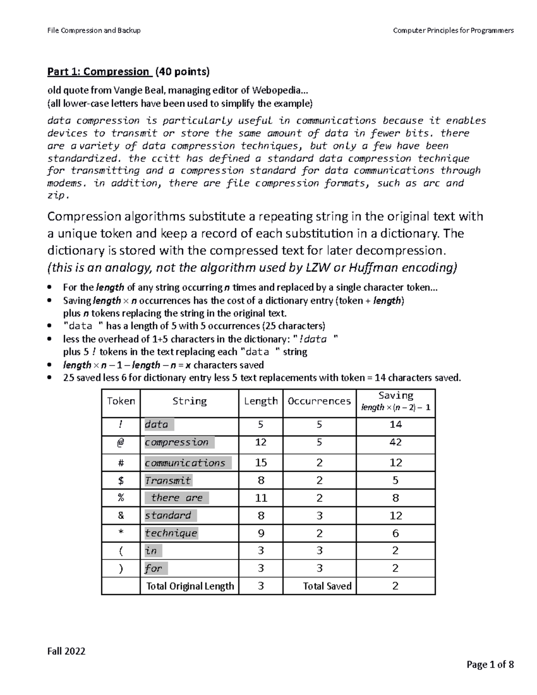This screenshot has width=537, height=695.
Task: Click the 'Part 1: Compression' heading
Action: coord(98,72)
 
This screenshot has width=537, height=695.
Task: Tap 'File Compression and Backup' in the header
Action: coord(94,30)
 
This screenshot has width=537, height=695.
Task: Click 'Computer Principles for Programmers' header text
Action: coord(453,30)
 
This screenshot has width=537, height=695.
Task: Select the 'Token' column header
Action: coord(121,401)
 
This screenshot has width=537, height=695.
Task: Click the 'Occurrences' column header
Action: coord(319,401)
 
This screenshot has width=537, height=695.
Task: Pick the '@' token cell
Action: coord(121,443)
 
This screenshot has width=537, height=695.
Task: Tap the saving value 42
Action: coord(396,443)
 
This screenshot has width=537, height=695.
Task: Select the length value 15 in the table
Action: coord(260,463)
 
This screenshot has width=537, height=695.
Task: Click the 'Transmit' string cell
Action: coord(168,481)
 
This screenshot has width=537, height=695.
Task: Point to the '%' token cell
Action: coord(121,498)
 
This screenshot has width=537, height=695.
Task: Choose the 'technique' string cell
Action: coord(171,533)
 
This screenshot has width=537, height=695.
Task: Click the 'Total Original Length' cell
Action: coord(190,586)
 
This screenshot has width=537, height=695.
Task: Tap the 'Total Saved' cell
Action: coord(327,586)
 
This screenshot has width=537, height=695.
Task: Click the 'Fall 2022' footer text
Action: coord(66,651)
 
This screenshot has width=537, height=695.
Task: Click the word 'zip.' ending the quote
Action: coord(58,196)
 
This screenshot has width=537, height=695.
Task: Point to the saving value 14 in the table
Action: coord(396,425)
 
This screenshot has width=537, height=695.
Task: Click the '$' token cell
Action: coord(121,481)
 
